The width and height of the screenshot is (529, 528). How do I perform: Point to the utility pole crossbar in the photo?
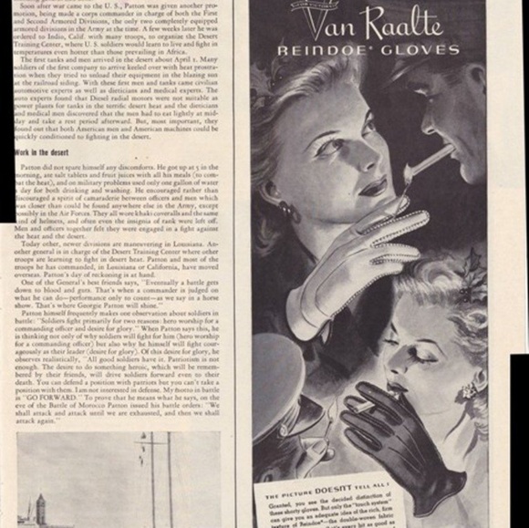click(144, 447)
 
